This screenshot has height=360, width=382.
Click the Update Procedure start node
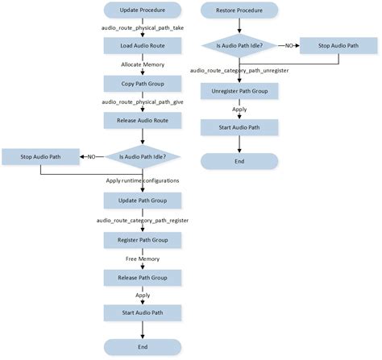(142, 11)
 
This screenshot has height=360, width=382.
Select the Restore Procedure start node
(239, 11)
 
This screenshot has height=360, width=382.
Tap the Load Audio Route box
(142, 45)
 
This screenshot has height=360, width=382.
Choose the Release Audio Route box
(142, 119)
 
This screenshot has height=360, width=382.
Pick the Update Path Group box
(142, 200)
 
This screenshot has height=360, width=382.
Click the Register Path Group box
(142, 238)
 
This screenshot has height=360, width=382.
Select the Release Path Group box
(142, 276)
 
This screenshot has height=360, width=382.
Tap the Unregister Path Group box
(239, 90)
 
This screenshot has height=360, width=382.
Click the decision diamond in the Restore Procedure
(239, 46)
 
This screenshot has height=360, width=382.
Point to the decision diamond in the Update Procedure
(143, 156)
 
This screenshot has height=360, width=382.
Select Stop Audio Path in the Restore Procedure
(338, 46)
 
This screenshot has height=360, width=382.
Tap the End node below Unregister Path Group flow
(239, 161)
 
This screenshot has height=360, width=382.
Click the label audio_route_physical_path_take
(142, 28)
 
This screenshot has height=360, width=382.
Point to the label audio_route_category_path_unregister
(239, 71)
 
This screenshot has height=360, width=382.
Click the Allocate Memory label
(142, 64)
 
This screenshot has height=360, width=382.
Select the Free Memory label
(142, 258)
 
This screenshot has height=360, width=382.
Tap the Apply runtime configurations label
(143, 180)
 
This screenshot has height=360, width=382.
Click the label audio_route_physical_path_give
(142, 101)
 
